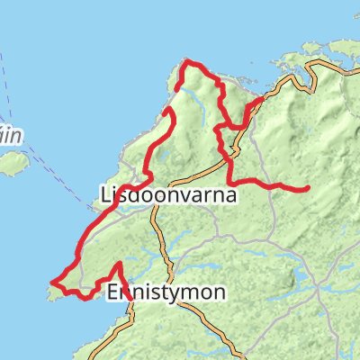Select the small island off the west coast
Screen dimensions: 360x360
pos(13,164)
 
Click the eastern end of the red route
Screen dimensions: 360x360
pos(308,188)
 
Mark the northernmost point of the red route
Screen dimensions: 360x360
pos(187,61)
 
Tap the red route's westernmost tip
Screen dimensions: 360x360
pos(52,284)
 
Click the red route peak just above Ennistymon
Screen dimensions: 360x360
pos(120,264)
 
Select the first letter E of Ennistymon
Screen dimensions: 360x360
pos(112,292)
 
